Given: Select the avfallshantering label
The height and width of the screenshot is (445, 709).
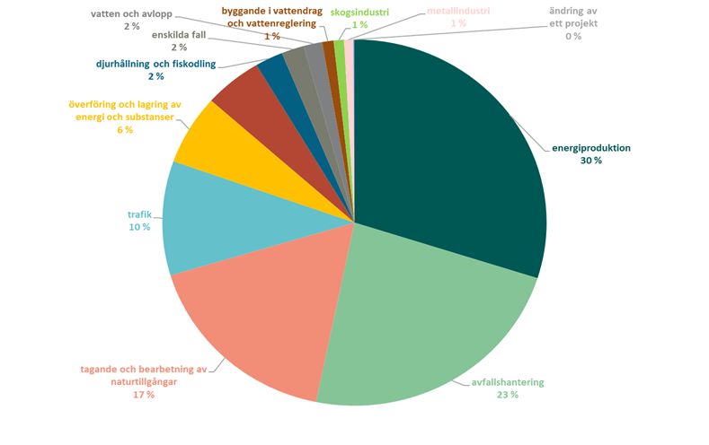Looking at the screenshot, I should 508,382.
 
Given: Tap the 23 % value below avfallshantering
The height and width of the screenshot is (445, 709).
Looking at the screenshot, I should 508,395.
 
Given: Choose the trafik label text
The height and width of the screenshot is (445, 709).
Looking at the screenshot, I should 140,214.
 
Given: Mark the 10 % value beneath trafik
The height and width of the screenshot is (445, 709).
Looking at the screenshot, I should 139,227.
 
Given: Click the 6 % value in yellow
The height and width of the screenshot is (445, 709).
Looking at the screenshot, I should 124,130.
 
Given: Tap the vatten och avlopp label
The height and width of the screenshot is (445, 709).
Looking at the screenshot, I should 131,14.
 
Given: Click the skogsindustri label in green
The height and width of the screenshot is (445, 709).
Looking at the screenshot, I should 359,12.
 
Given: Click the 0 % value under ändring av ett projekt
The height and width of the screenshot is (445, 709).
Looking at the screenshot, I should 572,36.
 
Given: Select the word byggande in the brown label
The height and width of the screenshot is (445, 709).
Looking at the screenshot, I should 249,10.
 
